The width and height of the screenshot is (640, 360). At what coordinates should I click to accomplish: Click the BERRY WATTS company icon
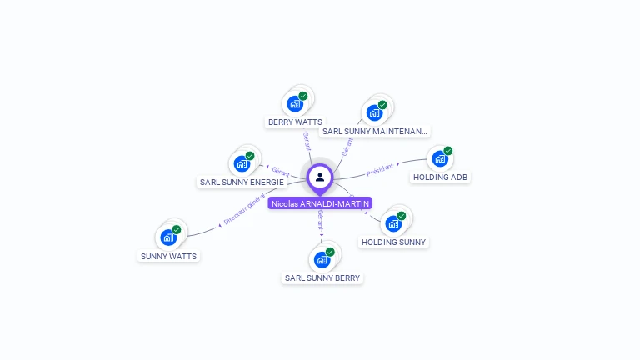coord(294,103)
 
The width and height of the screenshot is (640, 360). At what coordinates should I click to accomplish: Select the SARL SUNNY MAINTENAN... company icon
coord(374,112)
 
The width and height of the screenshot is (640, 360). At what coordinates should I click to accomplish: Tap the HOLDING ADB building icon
coord(440,158)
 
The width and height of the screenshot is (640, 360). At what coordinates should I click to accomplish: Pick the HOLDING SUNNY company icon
coord(393,223)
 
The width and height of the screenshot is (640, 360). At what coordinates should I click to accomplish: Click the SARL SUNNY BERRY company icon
coord(322,259)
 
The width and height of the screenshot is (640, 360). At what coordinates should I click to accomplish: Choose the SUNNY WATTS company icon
coord(169,237)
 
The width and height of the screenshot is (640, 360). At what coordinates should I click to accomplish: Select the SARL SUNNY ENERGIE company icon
coord(242,162)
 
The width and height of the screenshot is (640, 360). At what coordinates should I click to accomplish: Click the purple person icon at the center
coord(320,177)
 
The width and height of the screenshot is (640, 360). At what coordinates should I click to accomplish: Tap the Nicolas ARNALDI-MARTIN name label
coord(320,203)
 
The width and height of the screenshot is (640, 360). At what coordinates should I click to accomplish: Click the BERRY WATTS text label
coord(295,122)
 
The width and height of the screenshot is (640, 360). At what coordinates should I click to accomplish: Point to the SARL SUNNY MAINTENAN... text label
coord(375,132)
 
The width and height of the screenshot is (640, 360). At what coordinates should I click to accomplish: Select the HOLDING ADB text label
coord(440,177)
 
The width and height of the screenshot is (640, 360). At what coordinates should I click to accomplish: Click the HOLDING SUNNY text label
coord(393,242)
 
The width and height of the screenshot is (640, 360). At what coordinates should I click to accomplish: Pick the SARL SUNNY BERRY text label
coord(323,278)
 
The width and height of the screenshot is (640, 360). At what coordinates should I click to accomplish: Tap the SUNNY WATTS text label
coord(169,257)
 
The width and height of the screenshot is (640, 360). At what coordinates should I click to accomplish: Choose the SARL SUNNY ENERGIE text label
coord(242,182)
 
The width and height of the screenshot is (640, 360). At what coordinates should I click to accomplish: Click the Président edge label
coord(380,168)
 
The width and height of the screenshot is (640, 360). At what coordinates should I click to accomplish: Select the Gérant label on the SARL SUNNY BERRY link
coord(321,220)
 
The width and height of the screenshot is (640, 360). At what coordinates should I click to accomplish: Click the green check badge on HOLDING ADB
coord(448,151)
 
